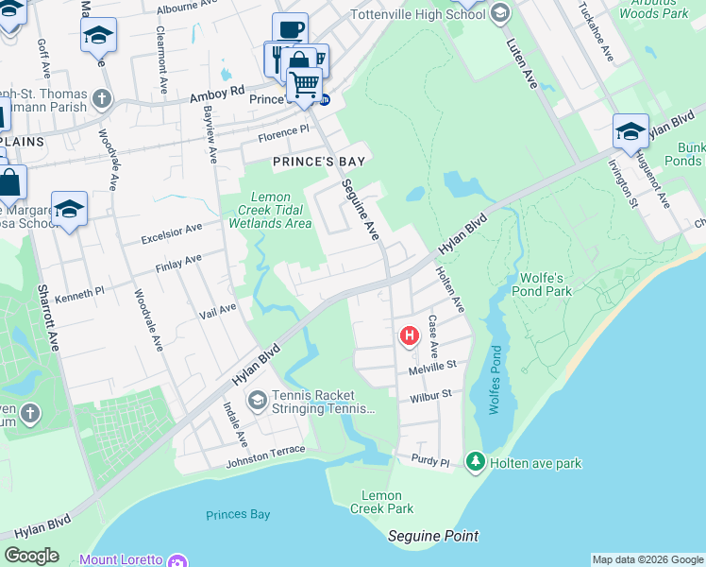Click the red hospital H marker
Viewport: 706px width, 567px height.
click(410, 335)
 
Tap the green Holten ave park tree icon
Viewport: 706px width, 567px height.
click(477, 462)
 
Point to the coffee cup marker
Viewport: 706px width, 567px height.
click(291, 28)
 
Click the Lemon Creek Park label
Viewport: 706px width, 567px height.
click(388, 502)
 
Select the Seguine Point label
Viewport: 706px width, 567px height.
click(433, 536)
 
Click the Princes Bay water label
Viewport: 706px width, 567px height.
click(238, 515)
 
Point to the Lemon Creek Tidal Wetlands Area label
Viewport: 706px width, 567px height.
click(270, 210)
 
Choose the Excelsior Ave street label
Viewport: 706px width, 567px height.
click(171, 230)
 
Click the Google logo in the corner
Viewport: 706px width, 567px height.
click(31, 556)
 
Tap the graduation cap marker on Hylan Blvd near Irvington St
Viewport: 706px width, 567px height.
click(630, 131)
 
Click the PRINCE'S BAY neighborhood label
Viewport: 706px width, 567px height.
click(319, 162)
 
